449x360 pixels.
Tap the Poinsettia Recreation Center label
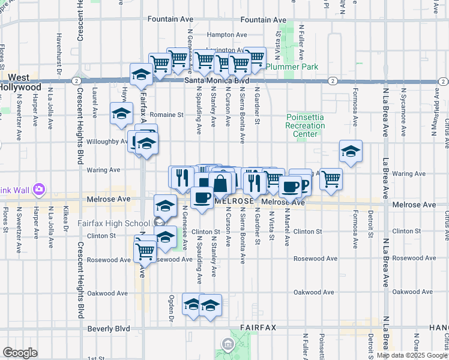coord(306,126)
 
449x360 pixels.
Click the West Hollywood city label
coord(18,83)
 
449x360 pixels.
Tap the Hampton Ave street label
coord(227,35)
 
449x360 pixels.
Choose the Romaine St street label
coord(167,114)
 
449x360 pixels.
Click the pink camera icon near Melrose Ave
coord(39,189)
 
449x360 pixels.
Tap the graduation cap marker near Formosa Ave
coord(351,152)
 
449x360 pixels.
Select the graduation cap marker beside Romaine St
coord(121,113)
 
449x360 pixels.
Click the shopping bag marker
coord(220,184)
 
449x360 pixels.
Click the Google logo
coord(20,353)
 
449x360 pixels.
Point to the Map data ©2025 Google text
coord(412,355)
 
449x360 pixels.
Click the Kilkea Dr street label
coord(65,218)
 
